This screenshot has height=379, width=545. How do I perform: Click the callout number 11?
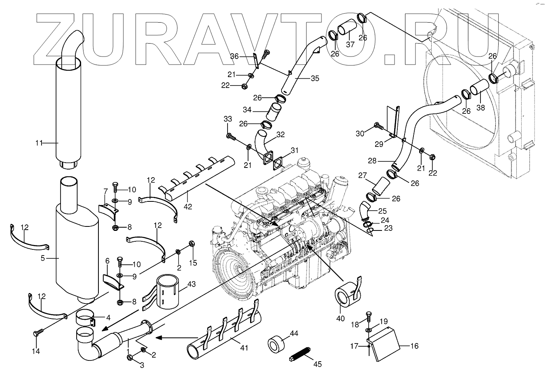pyautogui.click(x=39, y=142)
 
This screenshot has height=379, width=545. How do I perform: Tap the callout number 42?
pyautogui.click(x=188, y=206)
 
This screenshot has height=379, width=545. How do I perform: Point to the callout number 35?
pyautogui.click(x=315, y=78)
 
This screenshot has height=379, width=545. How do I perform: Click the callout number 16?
pyautogui.click(x=414, y=346)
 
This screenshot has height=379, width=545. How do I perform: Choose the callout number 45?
pyautogui.click(x=318, y=364)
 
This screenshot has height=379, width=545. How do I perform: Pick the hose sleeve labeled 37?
pyautogui.click(x=347, y=29)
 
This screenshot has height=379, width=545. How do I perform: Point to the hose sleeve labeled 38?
pyautogui.click(x=479, y=90)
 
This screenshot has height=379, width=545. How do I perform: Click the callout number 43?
pyautogui.click(x=192, y=284)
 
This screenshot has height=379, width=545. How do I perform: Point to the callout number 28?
pyautogui.click(x=372, y=161)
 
